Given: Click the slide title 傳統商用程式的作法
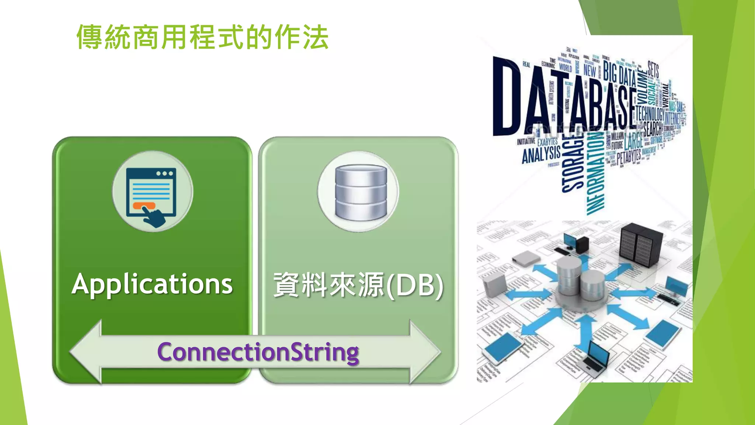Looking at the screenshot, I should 202,37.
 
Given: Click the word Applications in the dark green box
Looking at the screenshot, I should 152,284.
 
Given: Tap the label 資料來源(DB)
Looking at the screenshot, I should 358,285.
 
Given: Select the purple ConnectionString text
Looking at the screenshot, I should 258,352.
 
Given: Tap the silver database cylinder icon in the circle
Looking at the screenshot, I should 361,192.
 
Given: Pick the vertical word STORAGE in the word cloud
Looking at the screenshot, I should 573,162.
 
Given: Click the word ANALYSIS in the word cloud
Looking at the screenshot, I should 541,154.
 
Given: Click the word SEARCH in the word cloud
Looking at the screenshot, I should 653,129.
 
